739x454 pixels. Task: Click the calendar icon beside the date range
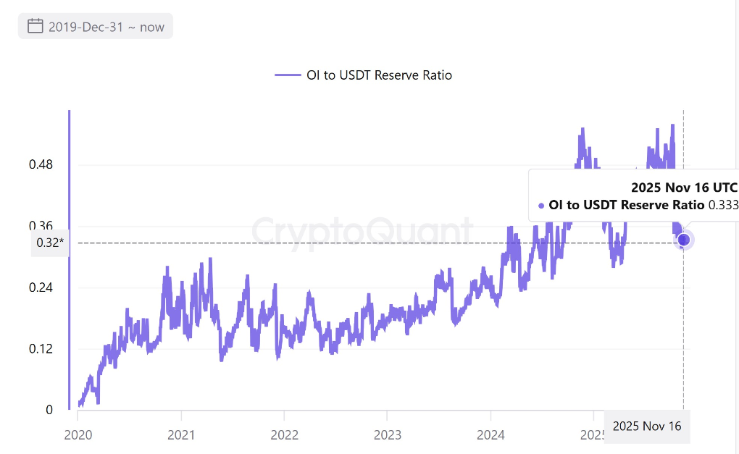coord(36,27)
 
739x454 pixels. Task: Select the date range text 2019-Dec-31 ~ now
coord(107,28)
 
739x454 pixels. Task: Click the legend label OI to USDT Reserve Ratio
coord(388,75)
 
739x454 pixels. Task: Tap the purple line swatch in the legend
coord(288,75)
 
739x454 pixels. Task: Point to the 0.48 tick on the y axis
coord(41,164)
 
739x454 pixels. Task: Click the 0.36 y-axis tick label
coord(41,226)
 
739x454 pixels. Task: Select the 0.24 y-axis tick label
coord(41,287)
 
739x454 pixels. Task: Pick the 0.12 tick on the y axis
coord(41,349)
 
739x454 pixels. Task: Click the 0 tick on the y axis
coord(49,410)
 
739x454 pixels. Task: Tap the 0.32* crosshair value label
coord(50,243)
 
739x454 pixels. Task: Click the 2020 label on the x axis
coord(78,436)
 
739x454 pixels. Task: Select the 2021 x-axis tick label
coord(180,436)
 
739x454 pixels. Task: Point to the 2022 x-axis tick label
coord(284,436)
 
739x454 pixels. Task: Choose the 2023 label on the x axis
coord(387,436)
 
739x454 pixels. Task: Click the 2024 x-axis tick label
coord(490,436)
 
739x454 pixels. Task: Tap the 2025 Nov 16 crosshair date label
coord(647,426)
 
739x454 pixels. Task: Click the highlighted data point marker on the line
coord(683,240)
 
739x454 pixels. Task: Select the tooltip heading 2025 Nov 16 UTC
coord(684,188)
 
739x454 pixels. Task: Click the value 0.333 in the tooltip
coord(722,205)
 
